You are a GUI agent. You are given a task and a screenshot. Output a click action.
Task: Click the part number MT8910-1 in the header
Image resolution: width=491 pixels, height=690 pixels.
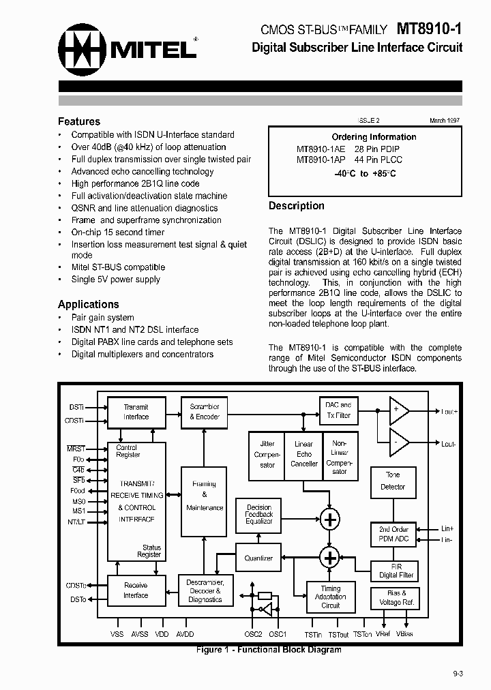pos(429,30)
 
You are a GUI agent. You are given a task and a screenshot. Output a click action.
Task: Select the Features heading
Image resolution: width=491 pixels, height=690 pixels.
pos(79,121)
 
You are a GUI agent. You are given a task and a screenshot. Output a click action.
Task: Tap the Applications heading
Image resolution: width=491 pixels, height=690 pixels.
pos(89,304)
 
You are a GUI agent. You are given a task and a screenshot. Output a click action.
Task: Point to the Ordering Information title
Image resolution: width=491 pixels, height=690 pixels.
pos(374,136)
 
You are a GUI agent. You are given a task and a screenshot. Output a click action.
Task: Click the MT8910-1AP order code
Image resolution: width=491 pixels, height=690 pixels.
pos(321,160)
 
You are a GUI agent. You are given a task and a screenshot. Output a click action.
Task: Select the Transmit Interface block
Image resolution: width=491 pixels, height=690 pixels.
pos(136,412)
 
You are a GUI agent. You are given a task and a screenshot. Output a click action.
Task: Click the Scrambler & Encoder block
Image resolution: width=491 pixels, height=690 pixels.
pos(205,412)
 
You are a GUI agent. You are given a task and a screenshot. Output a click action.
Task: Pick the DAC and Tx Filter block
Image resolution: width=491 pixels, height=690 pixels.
pos(338,410)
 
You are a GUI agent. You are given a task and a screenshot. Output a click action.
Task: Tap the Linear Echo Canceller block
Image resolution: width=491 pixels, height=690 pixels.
pos(304,453)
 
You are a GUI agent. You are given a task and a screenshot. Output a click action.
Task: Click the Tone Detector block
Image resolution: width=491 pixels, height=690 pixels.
pos(393,481)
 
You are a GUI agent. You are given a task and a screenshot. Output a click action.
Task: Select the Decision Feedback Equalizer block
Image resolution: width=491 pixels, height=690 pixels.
pos(258,514)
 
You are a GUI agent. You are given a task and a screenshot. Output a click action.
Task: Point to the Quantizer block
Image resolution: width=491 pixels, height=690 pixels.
pos(258,558)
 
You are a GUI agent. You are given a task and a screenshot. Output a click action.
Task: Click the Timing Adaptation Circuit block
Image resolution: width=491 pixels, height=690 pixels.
pos(331,597)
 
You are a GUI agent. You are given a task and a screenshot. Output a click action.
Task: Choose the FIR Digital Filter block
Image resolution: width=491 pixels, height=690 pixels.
pos(393,571)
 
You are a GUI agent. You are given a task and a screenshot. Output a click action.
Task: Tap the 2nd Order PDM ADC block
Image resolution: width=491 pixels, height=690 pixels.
pos(393,535)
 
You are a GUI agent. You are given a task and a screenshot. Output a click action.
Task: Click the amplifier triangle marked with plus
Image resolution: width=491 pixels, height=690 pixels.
pos(398,410)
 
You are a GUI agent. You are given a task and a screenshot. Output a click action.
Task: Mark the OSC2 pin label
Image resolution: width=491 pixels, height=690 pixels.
pos(253,634)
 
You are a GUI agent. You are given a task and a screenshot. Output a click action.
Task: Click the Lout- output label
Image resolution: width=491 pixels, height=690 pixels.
pos(448,444)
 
